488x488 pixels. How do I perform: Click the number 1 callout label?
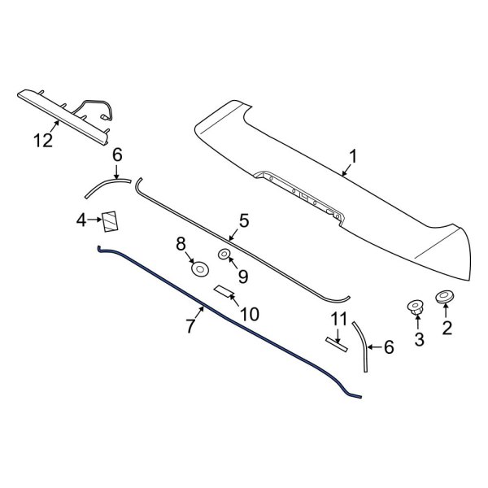353,156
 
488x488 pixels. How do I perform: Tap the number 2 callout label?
446,328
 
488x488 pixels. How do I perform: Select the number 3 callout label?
420,339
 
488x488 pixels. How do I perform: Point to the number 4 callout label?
81,220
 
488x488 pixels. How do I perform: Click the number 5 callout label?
242,220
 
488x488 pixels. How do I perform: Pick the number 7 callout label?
190,326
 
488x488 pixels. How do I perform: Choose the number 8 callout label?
181,242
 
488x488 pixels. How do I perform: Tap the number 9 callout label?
229,277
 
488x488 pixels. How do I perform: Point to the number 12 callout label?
42,141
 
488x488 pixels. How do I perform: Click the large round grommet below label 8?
198,268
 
